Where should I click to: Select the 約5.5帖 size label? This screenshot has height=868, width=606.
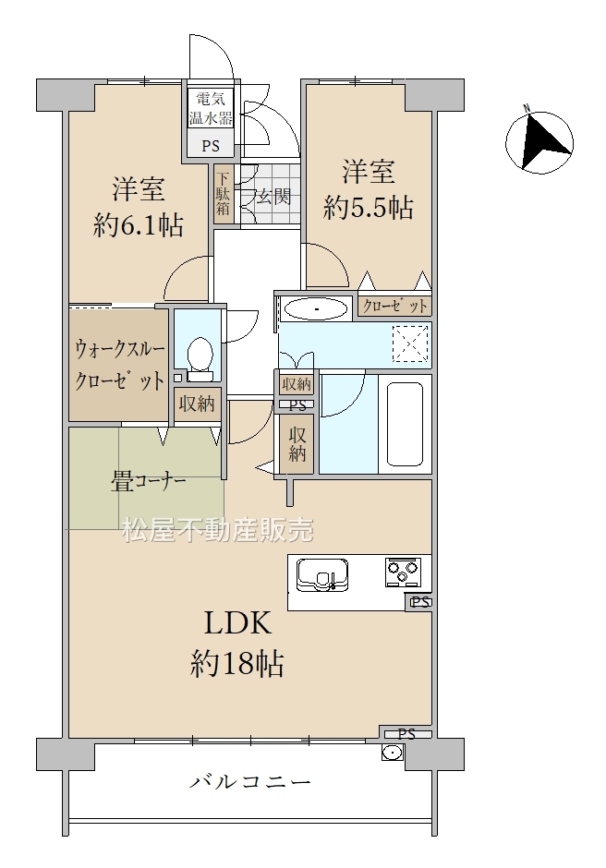coord(369,208)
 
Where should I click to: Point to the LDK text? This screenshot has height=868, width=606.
coord(238,623)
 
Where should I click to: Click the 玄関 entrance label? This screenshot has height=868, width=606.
coord(273,196)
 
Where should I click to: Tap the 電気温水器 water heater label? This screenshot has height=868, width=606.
coord(211,109)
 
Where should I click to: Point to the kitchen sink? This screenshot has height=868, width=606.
coord(322,574)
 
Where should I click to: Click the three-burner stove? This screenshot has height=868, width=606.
coord(404,572)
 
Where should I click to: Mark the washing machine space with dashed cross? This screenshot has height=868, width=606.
coord(410,344)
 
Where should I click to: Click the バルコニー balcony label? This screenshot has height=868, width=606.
coord(251,782)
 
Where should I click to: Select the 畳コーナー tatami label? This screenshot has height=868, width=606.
coord(148,483)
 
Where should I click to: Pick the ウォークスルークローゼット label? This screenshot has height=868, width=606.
coord(119,366)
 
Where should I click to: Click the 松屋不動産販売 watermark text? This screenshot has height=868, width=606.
coord(218,530)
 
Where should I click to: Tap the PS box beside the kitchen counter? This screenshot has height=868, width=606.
coord(419,602)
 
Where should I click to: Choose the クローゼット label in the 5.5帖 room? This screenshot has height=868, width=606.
coord(395,307)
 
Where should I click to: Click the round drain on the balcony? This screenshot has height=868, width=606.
coord(393,753)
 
